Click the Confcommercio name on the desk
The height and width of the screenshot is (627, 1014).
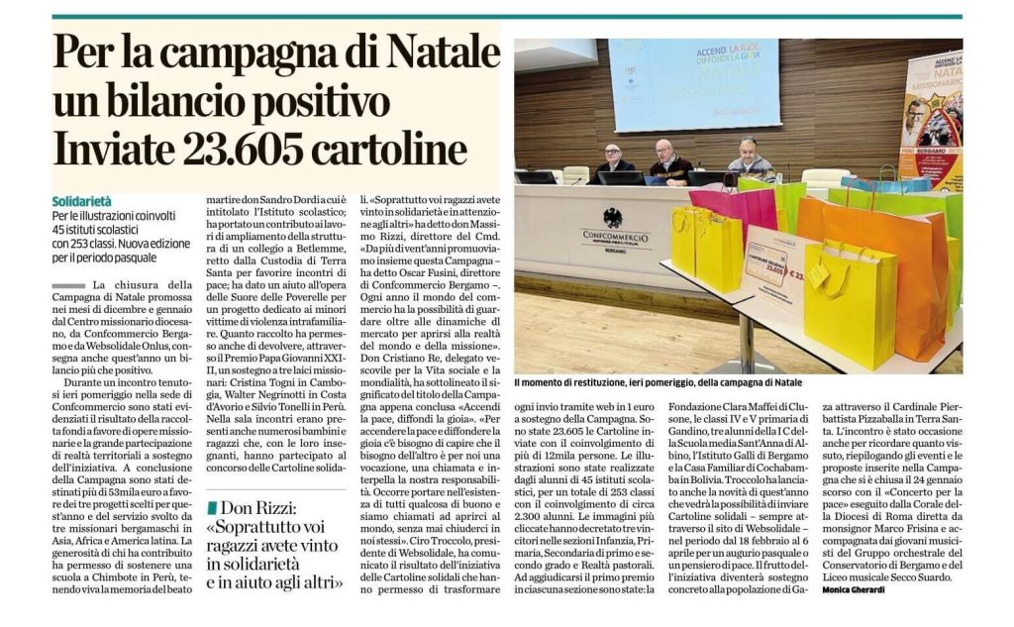614,236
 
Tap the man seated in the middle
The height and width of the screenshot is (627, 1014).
670,163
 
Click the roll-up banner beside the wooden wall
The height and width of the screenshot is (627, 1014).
931,119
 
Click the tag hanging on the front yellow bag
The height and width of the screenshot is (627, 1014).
819,276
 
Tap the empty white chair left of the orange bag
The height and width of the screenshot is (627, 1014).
826,179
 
